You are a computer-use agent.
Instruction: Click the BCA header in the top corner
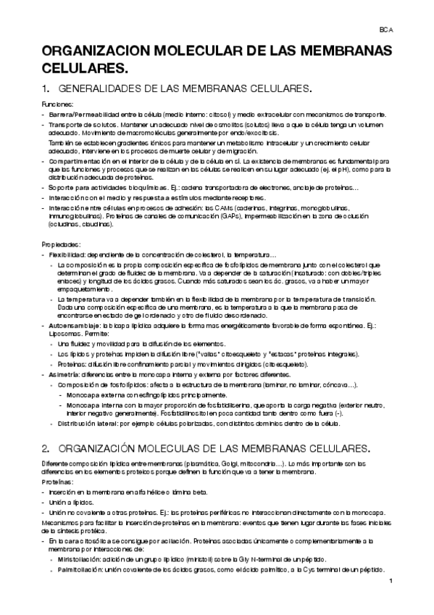coord(386,30)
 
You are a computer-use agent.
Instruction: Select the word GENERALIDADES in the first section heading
coord(101,90)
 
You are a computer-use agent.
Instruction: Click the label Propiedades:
coord(57,244)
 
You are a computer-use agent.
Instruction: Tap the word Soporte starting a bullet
coord(60,187)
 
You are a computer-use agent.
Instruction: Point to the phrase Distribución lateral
coord(82,423)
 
